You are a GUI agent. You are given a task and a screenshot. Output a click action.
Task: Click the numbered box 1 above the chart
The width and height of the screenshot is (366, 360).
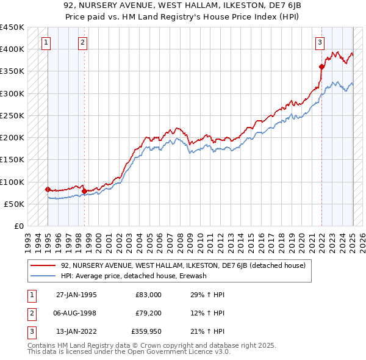47,43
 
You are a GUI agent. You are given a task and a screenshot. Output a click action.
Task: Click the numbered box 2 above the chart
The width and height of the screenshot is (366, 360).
82,43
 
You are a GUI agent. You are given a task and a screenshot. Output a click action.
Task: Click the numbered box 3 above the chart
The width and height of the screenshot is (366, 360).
320,43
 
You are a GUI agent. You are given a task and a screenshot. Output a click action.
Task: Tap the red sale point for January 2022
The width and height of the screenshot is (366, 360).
321,67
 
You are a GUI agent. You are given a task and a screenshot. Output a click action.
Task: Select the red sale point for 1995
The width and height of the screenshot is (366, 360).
48,189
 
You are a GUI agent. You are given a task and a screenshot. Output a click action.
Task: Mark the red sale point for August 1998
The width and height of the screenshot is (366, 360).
84,191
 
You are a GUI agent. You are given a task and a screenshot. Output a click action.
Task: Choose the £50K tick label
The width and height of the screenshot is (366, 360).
14,204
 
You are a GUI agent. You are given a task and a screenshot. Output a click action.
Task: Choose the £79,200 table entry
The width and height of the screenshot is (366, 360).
146,313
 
